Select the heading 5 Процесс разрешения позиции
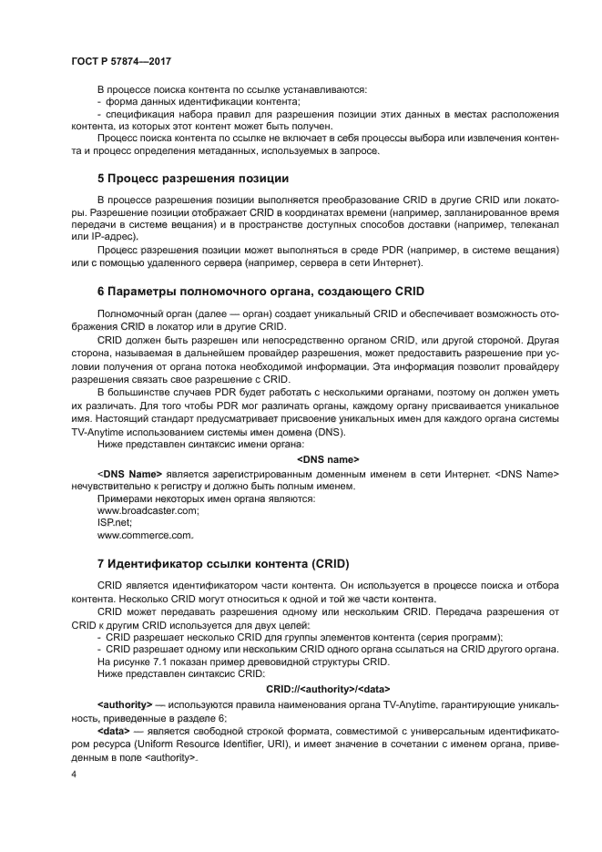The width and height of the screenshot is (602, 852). [193, 177]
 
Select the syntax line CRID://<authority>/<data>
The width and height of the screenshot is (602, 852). [329, 689]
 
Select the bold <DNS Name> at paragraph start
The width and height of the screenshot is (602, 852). [129, 474]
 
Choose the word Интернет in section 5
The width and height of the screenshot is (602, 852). [400, 263]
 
